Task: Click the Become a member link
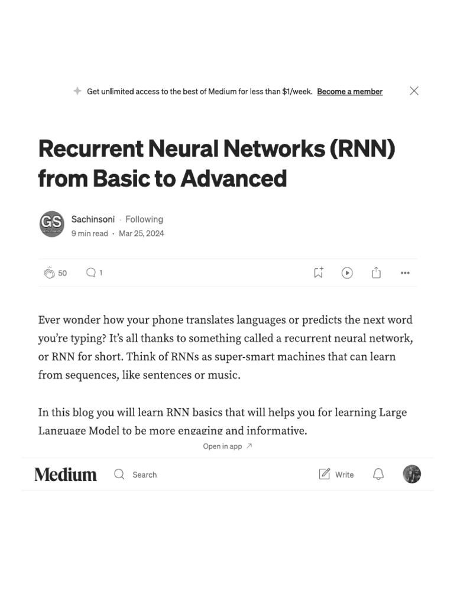pos(349,92)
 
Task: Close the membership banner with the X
pos(414,91)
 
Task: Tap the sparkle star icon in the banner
pos(77,91)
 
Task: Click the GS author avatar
pos(51,224)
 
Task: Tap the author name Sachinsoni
pos(93,219)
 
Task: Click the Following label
pos(144,219)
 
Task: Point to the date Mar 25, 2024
pos(141,234)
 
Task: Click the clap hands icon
pos(49,273)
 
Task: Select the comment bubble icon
pos(91,273)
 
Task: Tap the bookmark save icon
pos(318,273)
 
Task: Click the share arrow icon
pos(376,273)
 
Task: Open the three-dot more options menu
pos(405,273)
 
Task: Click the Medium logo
pos(66,475)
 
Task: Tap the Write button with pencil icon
pos(336,475)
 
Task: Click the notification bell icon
pos(378,475)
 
